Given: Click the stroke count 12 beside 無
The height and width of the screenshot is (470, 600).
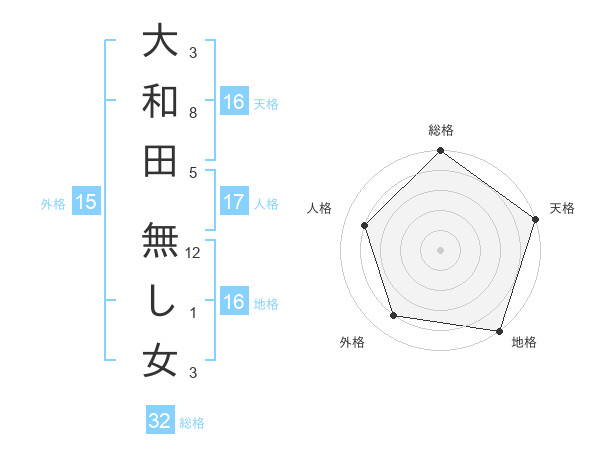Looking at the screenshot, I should pyautogui.click(x=194, y=253).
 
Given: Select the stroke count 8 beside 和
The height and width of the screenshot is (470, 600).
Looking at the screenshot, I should pyautogui.click(x=193, y=113).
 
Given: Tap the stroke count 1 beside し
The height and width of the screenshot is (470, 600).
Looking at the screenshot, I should pyautogui.click(x=193, y=313).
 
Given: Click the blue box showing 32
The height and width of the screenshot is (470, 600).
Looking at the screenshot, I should pyautogui.click(x=160, y=421).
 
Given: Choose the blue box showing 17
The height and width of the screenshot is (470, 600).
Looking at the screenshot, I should pyautogui.click(x=234, y=202).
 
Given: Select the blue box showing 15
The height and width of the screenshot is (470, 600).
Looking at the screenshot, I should pyautogui.click(x=86, y=202).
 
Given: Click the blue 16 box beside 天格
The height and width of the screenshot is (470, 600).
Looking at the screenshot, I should pyautogui.click(x=234, y=101).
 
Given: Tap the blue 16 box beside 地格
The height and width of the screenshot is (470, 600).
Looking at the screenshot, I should pyautogui.click(x=234, y=302).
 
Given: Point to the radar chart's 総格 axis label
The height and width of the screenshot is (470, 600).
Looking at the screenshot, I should pyautogui.click(x=440, y=130).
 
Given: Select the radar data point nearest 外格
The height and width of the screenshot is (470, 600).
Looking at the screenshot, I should pyautogui.click(x=394, y=316).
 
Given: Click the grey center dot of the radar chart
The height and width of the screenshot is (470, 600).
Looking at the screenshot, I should pyautogui.click(x=440, y=249).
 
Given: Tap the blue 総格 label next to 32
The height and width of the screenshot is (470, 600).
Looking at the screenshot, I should pyautogui.click(x=192, y=423).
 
